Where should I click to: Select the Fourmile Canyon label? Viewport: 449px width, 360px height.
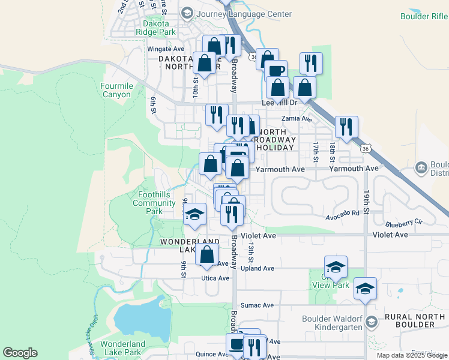(116, 91)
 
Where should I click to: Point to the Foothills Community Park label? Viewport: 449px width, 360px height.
(154, 203)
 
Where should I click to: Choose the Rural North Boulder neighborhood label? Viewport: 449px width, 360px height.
(418, 320)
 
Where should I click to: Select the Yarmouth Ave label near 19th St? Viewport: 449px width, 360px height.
(354, 169)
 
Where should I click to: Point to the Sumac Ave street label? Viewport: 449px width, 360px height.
(257, 305)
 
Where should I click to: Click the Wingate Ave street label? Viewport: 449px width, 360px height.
(166, 49)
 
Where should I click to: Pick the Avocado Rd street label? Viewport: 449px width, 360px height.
(343, 213)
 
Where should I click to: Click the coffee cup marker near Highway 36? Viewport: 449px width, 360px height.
(276, 71)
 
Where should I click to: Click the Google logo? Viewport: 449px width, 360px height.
(20, 353)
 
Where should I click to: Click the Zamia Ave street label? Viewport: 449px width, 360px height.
(301, 119)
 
